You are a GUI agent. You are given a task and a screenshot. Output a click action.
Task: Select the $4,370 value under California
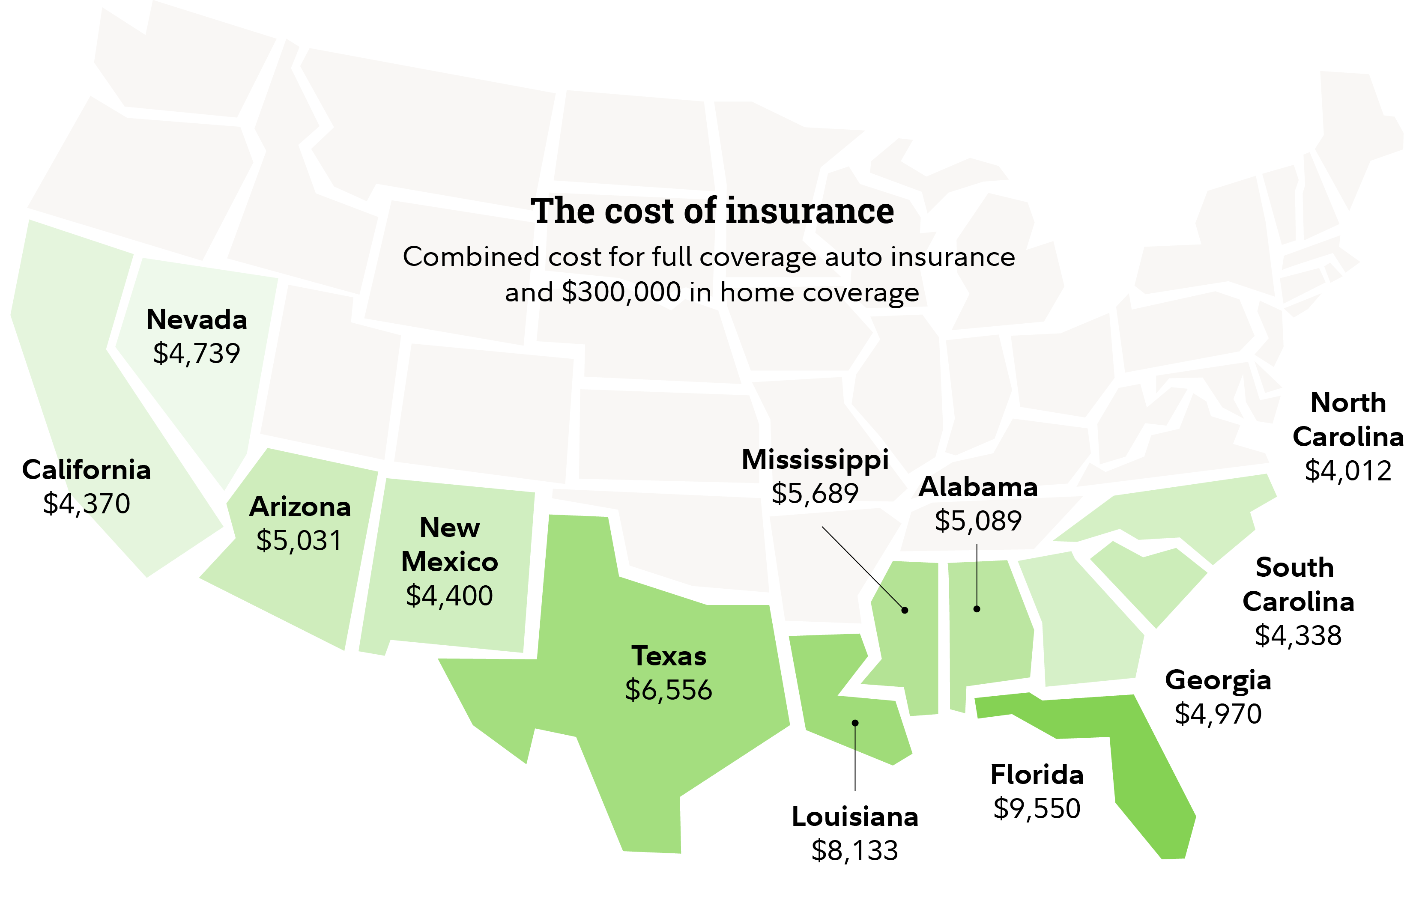87,504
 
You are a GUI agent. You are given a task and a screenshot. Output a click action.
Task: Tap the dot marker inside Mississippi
904,610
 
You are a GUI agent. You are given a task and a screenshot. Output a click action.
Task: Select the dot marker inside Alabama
977,609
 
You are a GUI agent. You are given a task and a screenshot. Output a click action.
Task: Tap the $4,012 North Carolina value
1347,471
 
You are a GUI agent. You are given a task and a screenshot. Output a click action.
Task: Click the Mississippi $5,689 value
815,493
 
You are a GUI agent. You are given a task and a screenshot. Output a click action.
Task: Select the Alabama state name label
978,487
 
